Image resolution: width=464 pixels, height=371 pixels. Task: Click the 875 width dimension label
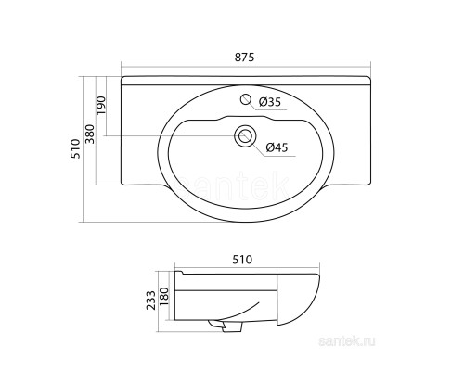click(x=244, y=58)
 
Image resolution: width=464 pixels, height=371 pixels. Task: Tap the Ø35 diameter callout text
click(x=270, y=102)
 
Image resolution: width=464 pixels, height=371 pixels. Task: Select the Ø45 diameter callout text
click(x=277, y=147)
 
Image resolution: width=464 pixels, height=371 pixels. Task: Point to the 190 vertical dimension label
click(x=101, y=106)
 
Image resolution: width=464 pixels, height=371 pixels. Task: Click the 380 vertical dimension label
click(x=90, y=134)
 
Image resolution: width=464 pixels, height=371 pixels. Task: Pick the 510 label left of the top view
click(x=75, y=148)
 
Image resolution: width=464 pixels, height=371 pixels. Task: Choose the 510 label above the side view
click(x=242, y=260)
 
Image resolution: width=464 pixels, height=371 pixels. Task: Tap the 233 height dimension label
click(x=151, y=300)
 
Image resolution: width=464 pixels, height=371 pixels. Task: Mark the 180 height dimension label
click(x=164, y=297)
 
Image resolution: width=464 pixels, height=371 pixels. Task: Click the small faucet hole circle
click(x=245, y=99)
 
